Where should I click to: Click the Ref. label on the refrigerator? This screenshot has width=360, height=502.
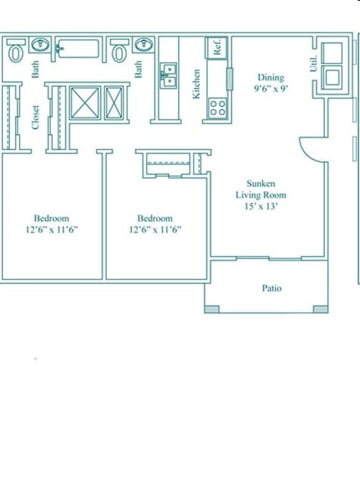[217, 48]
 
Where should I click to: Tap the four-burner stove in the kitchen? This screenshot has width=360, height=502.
[218, 107]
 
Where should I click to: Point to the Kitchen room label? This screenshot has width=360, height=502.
[196, 84]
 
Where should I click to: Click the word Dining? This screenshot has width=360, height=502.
[271, 77]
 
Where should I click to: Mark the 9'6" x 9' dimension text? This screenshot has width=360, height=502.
[271, 88]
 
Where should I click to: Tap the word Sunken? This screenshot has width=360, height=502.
[260, 184]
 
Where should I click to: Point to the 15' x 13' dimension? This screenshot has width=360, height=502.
[260, 205]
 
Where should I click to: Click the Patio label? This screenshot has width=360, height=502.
[272, 288]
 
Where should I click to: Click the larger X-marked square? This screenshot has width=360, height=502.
[85, 102]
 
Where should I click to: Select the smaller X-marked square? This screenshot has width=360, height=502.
[114, 102]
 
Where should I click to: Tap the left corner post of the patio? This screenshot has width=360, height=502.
[211, 309]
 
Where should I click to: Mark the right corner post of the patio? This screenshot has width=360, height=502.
[321, 309]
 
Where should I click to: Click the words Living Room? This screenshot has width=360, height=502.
[260, 195]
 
